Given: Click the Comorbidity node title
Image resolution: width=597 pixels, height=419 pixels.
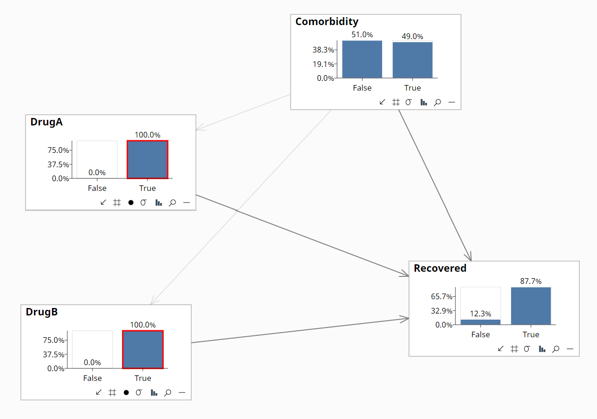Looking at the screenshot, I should pyautogui.click(x=327, y=22).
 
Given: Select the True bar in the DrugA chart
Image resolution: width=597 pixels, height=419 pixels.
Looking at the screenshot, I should pyautogui.click(x=147, y=159).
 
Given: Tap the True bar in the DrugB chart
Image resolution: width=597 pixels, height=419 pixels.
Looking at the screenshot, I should pyautogui.click(x=143, y=349).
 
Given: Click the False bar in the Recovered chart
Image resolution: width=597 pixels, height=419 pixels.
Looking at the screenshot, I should pyautogui.click(x=480, y=321).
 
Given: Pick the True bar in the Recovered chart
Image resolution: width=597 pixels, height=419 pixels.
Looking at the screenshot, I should pyautogui.click(x=531, y=306).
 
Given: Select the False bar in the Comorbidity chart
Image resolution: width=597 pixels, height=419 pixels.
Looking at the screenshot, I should pyautogui.click(x=362, y=59).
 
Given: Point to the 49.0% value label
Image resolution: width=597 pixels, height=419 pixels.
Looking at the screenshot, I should pyautogui.click(x=412, y=36).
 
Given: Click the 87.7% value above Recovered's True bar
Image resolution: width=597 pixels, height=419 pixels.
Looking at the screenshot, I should pyautogui.click(x=531, y=281).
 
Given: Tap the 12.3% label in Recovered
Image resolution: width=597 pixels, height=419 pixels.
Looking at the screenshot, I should pyautogui.click(x=480, y=314).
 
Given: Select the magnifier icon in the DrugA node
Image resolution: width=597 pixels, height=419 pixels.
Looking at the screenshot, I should pyautogui.click(x=172, y=203).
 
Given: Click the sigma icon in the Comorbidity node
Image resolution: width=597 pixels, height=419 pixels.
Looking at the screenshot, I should pyautogui.click(x=409, y=102).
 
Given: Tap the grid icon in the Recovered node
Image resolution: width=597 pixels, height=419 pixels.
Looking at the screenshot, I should pyautogui.click(x=514, y=349).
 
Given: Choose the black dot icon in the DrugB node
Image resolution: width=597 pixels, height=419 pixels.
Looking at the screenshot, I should pyautogui.click(x=126, y=393).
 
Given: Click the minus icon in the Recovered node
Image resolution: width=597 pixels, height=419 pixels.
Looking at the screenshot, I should pyautogui.click(x=570, y=349).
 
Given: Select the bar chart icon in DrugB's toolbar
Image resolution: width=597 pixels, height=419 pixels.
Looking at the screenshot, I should pyautogui.click(x=154, y=393).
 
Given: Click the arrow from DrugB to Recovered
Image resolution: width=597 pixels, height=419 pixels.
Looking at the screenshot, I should pyautogui.click(x=297, y=331).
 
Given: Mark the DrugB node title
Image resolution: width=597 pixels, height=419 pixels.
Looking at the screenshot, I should pyautogui.click(x=42, y=312).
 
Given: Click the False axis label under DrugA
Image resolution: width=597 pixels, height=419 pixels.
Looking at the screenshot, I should pyautogui.click(x=97, y=188).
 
